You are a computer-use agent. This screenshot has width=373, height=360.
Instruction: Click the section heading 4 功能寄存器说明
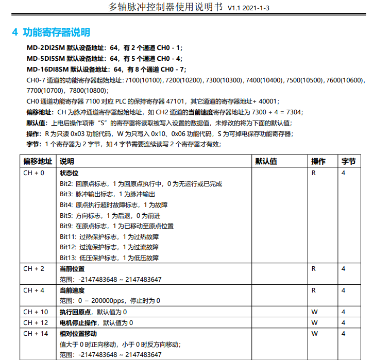coord(52,32)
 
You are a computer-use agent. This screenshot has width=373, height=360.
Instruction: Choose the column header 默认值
coord(266,161)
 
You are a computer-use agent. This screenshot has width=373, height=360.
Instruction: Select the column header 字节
coord(348,161)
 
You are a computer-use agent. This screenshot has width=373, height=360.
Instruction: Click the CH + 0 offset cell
coord(34,173)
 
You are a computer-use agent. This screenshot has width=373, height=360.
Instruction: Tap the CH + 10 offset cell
coord(36,312)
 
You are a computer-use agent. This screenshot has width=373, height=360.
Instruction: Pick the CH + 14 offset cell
coord(36,334)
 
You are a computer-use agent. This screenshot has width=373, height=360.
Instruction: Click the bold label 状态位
coord(69,173)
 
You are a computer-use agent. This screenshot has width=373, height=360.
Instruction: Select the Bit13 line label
coord(68,258)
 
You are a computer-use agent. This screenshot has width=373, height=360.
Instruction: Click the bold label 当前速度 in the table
coord(72,290)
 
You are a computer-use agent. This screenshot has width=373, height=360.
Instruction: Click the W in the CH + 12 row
coord(314,323)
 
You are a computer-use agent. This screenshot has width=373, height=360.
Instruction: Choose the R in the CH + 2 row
coord(313,269)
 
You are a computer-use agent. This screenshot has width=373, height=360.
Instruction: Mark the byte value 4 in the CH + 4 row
coord(344,290)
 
